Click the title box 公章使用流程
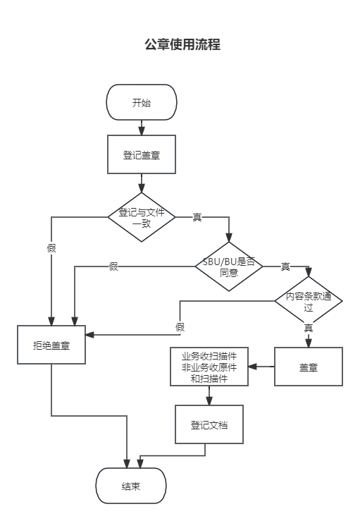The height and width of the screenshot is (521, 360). (182, 44)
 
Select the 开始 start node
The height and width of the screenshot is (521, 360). (141, 103)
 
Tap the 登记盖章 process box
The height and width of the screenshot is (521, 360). (141, 155)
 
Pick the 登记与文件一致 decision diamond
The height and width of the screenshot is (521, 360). (141, 216)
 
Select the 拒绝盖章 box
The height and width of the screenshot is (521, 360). (51, 345)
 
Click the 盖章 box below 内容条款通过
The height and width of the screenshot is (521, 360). (308, 366)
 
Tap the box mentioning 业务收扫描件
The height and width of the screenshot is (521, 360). (209, 367)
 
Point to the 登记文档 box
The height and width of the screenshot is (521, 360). (209, 425)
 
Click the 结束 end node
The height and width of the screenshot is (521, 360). (131, 486)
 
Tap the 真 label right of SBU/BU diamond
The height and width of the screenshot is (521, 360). (285, 266)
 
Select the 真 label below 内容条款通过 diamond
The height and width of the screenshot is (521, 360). (309, 328)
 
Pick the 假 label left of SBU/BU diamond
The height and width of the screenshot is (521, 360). (113, 266)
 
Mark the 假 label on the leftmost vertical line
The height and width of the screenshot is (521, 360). (51, 247)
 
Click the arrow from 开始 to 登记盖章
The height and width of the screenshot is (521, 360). (141, 128)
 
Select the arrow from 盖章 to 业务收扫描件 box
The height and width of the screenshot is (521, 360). (261, 367)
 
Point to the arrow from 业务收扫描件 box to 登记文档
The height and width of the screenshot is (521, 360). (209, 396)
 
